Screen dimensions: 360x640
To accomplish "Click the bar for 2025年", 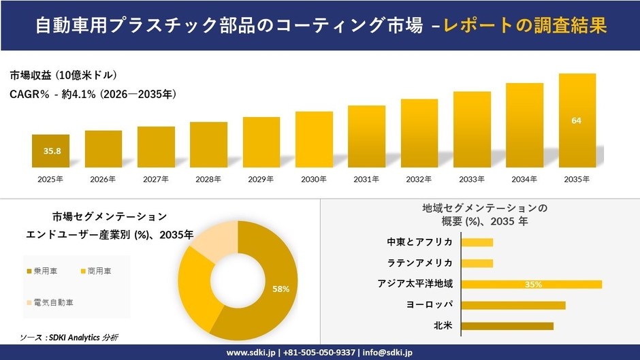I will (x=50, y=151).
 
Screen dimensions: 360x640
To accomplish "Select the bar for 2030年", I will (x=314, y=140).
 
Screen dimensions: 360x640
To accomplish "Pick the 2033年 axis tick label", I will (x=472, y=179).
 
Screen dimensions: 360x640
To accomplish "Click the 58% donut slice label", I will (x=281, y=289).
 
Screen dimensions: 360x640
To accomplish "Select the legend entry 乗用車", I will (x=45, y=272).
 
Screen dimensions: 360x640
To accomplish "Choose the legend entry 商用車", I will (x=99, y=272).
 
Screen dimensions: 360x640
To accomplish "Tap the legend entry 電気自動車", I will (x=52, y=301).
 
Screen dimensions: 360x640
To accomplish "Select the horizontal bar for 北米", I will (x=507, y=326).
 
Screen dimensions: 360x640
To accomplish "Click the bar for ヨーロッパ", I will (x=513, y=305).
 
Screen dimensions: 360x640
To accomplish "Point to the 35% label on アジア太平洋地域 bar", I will (x=533, y=284).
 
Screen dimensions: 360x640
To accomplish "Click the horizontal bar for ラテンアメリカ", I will (x=477, y=263).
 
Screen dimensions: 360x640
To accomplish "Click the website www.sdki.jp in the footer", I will (x=251, y=353).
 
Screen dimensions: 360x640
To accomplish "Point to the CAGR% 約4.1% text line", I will (x=93, y=95).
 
